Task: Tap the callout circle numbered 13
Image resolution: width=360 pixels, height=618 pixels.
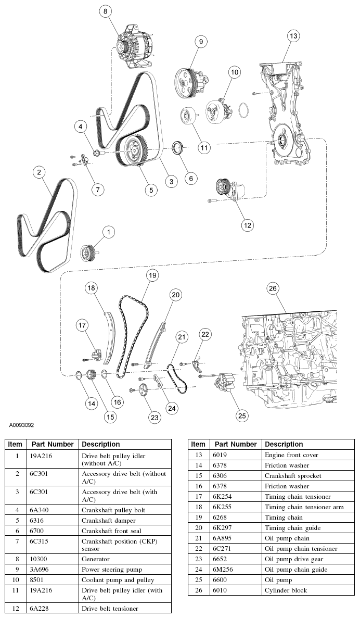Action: [x=294, y=36]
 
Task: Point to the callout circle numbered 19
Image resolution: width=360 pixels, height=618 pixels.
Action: [x=151, y=275]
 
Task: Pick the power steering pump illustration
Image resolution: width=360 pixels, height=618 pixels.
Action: [x=190, y=80]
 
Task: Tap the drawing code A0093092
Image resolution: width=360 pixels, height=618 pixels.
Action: [x=21, y=425]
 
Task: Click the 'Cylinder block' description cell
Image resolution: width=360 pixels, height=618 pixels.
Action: [x=286, y=590]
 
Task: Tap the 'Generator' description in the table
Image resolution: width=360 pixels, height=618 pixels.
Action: [x=97, y=559]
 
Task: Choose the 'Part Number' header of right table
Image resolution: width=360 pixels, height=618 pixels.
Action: [x=236, y=444]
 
